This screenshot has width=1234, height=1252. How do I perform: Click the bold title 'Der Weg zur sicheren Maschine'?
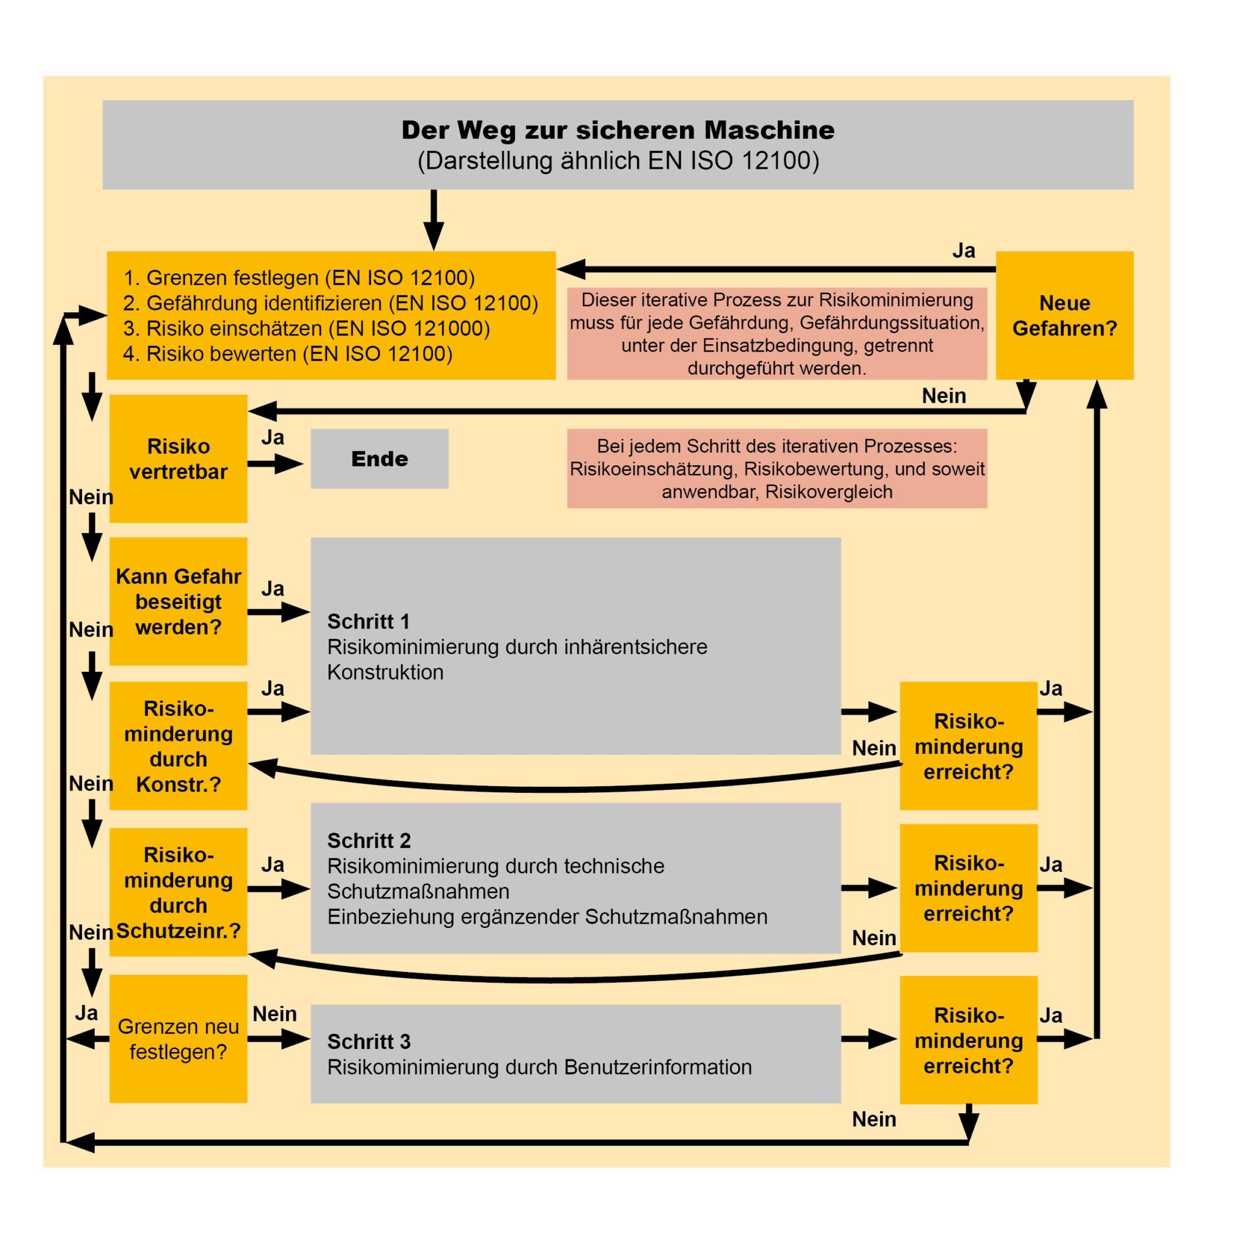[618, 130]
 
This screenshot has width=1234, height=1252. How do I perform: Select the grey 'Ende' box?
[379, 459]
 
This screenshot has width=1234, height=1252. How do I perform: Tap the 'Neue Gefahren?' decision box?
[1064, 315]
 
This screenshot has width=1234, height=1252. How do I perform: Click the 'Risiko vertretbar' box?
[178, 459]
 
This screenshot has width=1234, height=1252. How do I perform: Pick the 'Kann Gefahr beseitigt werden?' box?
[178, 602]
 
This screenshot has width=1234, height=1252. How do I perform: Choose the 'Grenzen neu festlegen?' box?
[178, 1039]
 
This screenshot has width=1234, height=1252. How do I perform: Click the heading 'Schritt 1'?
[368, 622]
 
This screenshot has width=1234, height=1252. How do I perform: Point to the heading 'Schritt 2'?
[369, 841]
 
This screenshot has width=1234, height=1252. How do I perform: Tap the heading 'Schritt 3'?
[369, 1041]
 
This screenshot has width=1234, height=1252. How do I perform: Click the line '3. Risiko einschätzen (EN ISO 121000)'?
[306, 328]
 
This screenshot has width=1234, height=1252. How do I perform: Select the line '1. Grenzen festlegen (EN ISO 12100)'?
[299, 278]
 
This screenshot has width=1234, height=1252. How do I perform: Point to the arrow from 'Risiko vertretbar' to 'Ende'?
[275, 463]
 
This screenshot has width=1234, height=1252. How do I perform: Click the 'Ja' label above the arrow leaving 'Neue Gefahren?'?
[963, 251]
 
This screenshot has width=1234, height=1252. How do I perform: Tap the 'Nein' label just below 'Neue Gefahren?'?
[944, 396]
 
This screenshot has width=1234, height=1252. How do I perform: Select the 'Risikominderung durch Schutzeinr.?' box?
[178, 893]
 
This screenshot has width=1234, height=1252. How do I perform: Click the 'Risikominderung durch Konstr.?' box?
[178, 746]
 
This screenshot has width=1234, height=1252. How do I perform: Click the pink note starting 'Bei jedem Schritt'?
[777, 468]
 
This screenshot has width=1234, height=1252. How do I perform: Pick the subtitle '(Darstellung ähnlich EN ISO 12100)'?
[618, 161]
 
